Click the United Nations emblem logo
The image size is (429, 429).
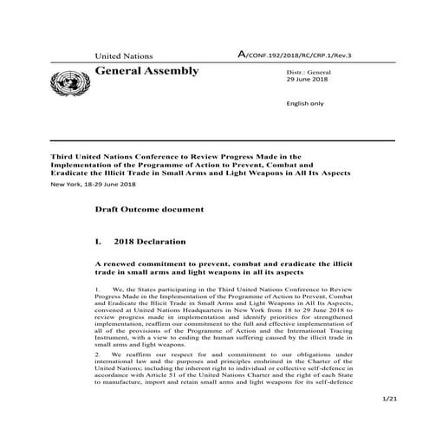coord(66,84)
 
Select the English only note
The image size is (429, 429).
coord(304,102)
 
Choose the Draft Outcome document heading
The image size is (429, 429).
coord(150,210)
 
